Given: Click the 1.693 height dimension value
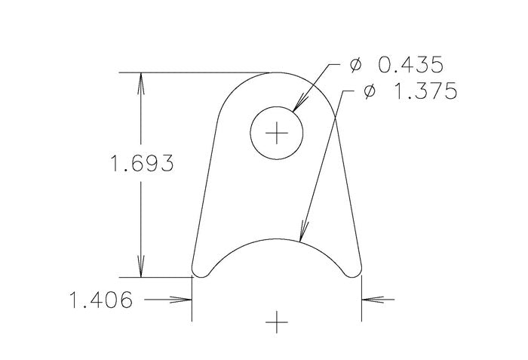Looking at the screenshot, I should (x=142, y=164).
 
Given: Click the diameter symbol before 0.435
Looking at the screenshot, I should (x=356, y=66).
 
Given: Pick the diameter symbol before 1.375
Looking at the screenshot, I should (x=369, y=92).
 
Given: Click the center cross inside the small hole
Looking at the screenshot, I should (x=278, y=133).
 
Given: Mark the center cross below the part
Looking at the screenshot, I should (x=278, y=322).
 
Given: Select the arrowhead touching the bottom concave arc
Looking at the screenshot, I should (x=304, y=232).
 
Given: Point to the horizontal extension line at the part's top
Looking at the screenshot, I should (x=196, y=72).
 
